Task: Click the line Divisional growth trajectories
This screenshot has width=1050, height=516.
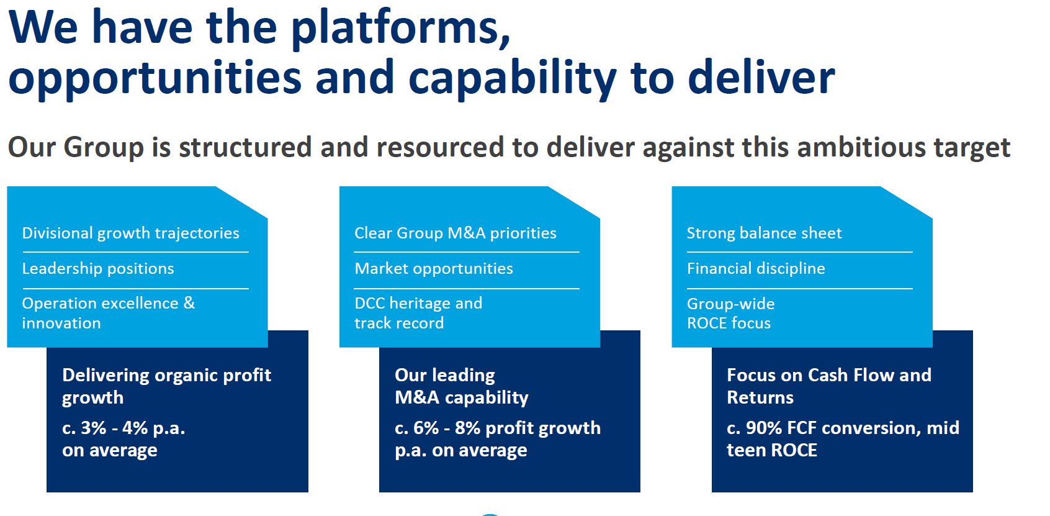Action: [130, 233]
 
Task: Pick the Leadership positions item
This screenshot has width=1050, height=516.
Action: [98, 269]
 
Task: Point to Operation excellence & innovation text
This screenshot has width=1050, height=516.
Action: [108, 313]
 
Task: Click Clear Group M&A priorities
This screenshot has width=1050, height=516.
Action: [455, 233]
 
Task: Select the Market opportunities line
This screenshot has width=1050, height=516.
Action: [433, 269]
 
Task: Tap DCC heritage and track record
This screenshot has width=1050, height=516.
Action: [418, 313]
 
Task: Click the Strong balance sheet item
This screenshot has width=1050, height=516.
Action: [764, 233]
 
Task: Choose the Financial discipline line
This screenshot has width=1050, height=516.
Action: [755, 269]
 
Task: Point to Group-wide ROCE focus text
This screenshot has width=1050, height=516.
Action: [730, 313]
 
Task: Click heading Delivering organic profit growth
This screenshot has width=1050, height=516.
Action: [166, 386]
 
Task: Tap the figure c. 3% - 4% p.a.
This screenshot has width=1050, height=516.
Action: [123, 428]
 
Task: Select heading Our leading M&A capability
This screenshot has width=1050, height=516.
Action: [461, 386]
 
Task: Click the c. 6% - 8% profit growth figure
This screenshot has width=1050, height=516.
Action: [497, 428]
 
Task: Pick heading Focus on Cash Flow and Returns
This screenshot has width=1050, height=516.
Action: [828, 386]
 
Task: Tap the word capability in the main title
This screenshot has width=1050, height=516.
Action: [512, 78]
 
